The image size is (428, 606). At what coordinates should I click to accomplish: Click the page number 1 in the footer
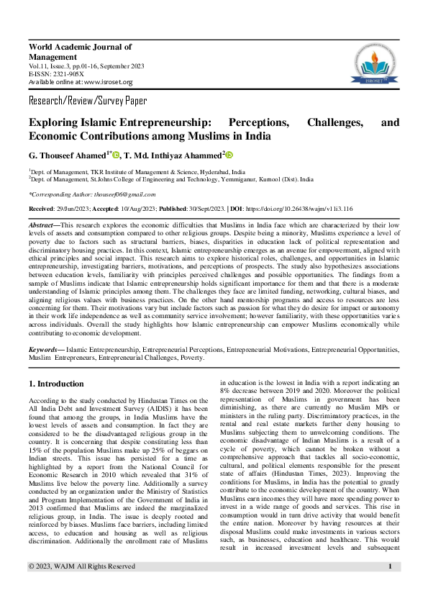(x=389, y=587)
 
